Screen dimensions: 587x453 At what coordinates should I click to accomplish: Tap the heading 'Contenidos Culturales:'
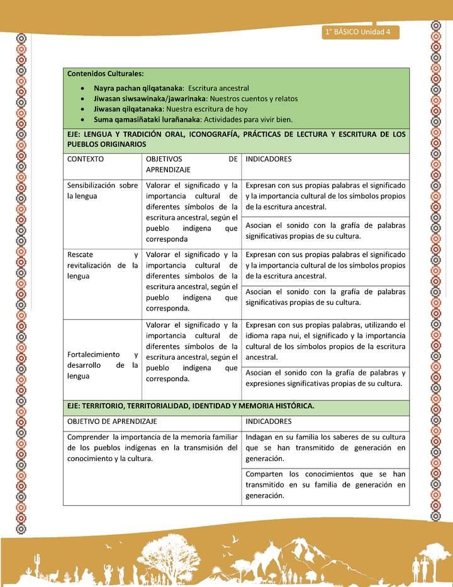tap(106, 74)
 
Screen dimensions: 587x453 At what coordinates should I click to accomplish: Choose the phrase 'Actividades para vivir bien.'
tap(248, 119)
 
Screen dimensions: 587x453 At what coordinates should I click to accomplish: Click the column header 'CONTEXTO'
tap(86, 159)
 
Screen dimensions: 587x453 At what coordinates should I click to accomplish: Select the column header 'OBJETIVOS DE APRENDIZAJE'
tap(191, 164)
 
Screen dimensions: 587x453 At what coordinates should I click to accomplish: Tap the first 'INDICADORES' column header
tap(269, 159)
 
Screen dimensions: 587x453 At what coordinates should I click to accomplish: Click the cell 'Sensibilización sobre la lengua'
tap(103, 191)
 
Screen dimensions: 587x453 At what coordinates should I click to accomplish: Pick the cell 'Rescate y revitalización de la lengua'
tap(103, 265)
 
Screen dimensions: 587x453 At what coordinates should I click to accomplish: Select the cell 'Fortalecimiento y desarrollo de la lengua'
tap(103, 365)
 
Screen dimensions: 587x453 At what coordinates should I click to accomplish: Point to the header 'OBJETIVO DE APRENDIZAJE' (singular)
tap(112, 421)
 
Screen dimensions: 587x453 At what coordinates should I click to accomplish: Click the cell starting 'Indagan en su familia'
tap(325, 448)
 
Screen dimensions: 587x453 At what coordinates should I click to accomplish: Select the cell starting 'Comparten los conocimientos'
tap(325, 484)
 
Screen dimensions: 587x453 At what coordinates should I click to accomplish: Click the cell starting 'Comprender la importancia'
tap(152, 448)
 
